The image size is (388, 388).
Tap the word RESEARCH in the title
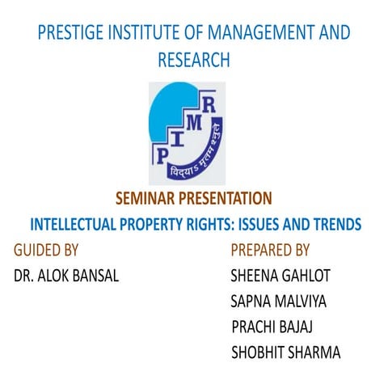pyautogui.click(x=194, y=59)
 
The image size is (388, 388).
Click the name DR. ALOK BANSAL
pyautogui.click(x=66, y=276)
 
